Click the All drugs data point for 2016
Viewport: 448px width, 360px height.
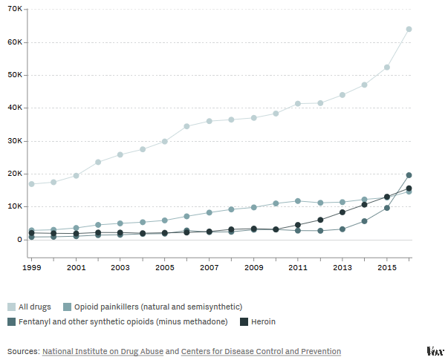(x=409, y=29)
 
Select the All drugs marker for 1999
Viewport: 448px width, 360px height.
(x=31, y=183)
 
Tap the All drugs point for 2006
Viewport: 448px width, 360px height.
(x=186, y=126)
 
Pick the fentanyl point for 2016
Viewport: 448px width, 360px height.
(x=409, y=175)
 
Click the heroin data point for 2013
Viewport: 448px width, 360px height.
(x=343, y=212)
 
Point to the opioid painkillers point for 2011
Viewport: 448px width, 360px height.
(x=298, y=200)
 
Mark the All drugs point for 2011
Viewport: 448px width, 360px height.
(x=298, y=103)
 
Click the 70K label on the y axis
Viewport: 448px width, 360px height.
(x=15, y=10)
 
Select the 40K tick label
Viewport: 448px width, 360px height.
(x=15, y=108)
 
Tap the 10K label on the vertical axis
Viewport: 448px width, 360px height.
(x=15, y=206)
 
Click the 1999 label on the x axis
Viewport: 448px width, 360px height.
(x=31, y=266)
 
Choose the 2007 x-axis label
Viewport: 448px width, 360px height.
(x=209, y=266)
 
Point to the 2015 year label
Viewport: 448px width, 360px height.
(x=386, y=266)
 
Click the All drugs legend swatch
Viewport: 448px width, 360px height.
(x=11, y=307)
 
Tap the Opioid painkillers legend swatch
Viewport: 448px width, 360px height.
(x=67, y=307)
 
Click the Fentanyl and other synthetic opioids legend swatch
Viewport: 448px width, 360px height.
(x=11, y=321)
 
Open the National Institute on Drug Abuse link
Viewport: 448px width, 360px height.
(x=103, y=351)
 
